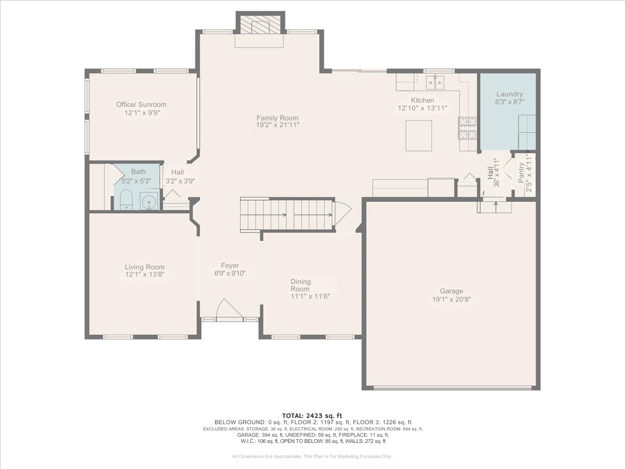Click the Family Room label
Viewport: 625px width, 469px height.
tap(277, 118)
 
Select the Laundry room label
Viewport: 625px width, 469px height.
tap(510, 94)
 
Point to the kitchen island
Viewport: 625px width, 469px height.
tap(419, 135)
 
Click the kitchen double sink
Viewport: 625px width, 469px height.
tap(435, 82)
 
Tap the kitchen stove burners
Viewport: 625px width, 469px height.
tap(467, 128)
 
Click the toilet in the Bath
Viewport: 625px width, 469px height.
tap(126, 200)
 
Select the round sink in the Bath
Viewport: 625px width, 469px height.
tap(149, 202)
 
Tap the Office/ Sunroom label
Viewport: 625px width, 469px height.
tap(141, 105)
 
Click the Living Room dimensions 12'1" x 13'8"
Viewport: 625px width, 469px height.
tap(145, 275)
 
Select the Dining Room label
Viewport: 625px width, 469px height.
tap(301, 285)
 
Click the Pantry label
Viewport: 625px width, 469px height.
tap(521, 172)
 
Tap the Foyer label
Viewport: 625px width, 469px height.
tap(230, 266)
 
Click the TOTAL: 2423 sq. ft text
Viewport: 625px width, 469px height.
tap(312, 416)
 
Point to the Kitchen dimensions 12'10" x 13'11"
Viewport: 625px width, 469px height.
tap(422, 108)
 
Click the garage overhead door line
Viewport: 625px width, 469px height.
tap(453, 387)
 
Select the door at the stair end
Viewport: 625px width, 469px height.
tap(343, 213)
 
